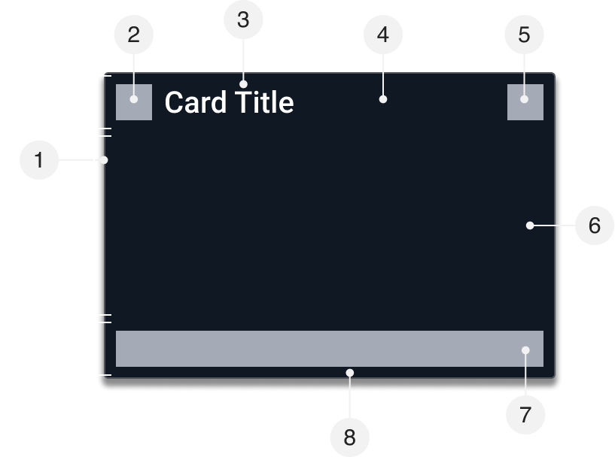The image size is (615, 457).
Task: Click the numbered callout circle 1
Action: point(39,160)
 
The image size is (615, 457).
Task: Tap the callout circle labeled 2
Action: point(134,35)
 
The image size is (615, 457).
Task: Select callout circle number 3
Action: point(242,20)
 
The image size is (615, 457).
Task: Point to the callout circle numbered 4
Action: point(383,35)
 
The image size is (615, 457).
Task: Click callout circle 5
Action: point(525,35)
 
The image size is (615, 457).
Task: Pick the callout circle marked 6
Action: point(594,225)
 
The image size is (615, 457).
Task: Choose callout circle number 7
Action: point(525,413)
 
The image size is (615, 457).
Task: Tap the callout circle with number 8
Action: point(349,437)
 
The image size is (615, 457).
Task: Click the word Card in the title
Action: point(196,102)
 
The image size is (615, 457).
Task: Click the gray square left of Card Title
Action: point(134,102)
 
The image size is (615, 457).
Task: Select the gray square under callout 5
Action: point(525,102)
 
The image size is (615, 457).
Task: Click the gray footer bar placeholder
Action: point(316,349)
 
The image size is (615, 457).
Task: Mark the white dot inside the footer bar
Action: point(525,350)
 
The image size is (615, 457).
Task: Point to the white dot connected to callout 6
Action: point(530,225)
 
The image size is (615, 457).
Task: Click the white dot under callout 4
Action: point(383,98)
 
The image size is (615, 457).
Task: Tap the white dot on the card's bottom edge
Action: point(349,372)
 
